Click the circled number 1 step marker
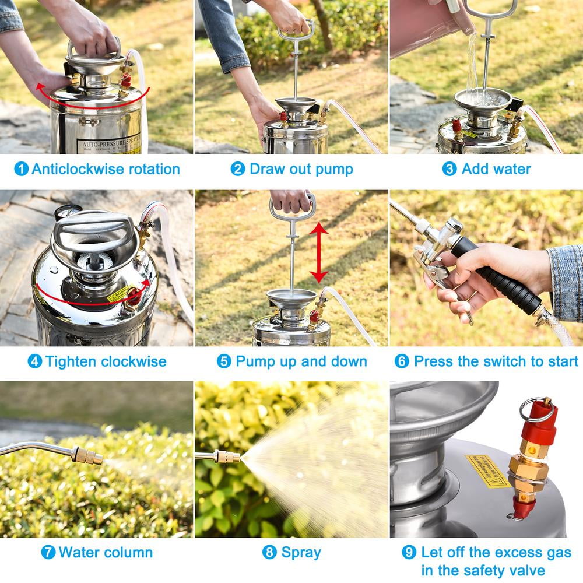coord(21,169)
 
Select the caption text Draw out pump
coord(301,169)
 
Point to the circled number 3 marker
coord(449,169)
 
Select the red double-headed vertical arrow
coord(318,252)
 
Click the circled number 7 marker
coord(48,552)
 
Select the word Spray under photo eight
coord(301,552)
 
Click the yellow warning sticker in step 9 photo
coord(487,470)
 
